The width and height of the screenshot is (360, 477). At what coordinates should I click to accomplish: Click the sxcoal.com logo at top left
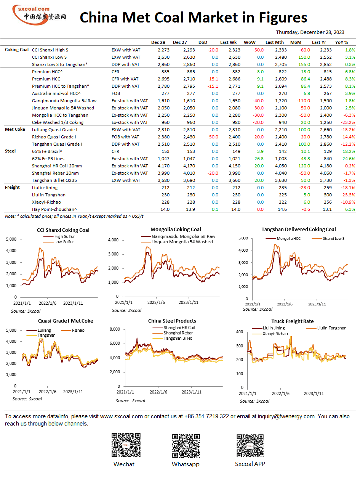[x=39, y=15]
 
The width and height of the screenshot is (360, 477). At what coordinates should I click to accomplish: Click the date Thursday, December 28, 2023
[x=310, y=32]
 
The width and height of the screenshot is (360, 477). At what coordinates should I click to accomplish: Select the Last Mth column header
[x=274, y=42]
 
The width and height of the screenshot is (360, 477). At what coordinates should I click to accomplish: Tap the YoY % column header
[x=341, y=42]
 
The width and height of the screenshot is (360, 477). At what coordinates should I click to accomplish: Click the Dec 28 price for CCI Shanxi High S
[x=163, y=50]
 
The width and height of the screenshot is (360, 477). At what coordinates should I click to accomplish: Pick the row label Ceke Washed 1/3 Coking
[x=58, y=122]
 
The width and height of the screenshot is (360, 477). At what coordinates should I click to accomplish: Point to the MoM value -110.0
[x=303, y=101]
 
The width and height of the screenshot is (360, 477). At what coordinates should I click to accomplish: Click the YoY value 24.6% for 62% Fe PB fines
[x=349, y=159]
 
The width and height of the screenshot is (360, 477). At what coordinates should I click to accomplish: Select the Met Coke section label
[x=15, y=129]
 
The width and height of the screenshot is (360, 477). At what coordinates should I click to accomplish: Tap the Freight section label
[x=12, y=187]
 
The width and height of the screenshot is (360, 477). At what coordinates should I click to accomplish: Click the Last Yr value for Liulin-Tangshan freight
[x=328, y=195]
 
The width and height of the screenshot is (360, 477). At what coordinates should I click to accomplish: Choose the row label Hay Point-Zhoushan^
[x=54, y=209]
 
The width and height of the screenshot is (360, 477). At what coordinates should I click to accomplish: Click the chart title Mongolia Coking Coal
[x=176, y=229]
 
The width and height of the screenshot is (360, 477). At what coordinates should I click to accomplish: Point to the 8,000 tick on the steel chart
[x=115, y=329]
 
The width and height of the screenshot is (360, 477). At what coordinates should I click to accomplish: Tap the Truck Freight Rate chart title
[x=292, y=321]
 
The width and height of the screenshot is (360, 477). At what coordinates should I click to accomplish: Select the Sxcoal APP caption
[x=250, y=464]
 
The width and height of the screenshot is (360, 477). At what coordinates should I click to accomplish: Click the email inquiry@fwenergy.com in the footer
[x=286, y=416]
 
